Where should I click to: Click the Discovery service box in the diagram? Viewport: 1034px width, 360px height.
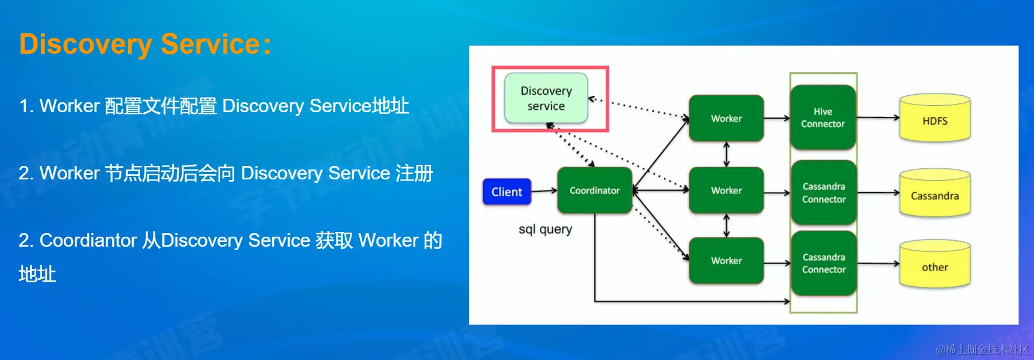click(x=546, y=98)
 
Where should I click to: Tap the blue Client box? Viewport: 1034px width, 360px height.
click(x=507, y=192)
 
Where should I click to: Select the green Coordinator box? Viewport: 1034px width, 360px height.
click(x=595, y=191)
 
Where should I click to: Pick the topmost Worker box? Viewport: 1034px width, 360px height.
click(x=726, y=119)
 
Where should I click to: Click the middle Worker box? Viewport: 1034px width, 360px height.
click(x=726, y=191)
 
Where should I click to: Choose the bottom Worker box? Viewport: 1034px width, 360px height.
click(x=726, y=261)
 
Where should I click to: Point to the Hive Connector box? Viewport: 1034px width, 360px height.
click(x=823, y=117)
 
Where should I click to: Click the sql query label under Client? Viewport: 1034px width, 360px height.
click(x=545, y=229)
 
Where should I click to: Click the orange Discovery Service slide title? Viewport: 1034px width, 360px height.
click(x=145, y=44)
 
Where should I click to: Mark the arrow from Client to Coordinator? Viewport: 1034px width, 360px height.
click(x=544, y=191)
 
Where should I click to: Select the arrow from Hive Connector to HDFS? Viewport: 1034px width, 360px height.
click(x=877, y=118)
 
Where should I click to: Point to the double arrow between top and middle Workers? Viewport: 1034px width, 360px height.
click(x=726, y=154)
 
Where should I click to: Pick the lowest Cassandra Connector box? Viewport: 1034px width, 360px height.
click(x=824, y=264)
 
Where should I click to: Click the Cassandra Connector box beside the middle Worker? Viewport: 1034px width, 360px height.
click(x=824, y=193)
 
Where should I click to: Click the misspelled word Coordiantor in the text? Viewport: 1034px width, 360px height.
click(x=88, y=240)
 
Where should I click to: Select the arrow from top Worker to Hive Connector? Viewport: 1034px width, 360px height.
click(x=777, y=119)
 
